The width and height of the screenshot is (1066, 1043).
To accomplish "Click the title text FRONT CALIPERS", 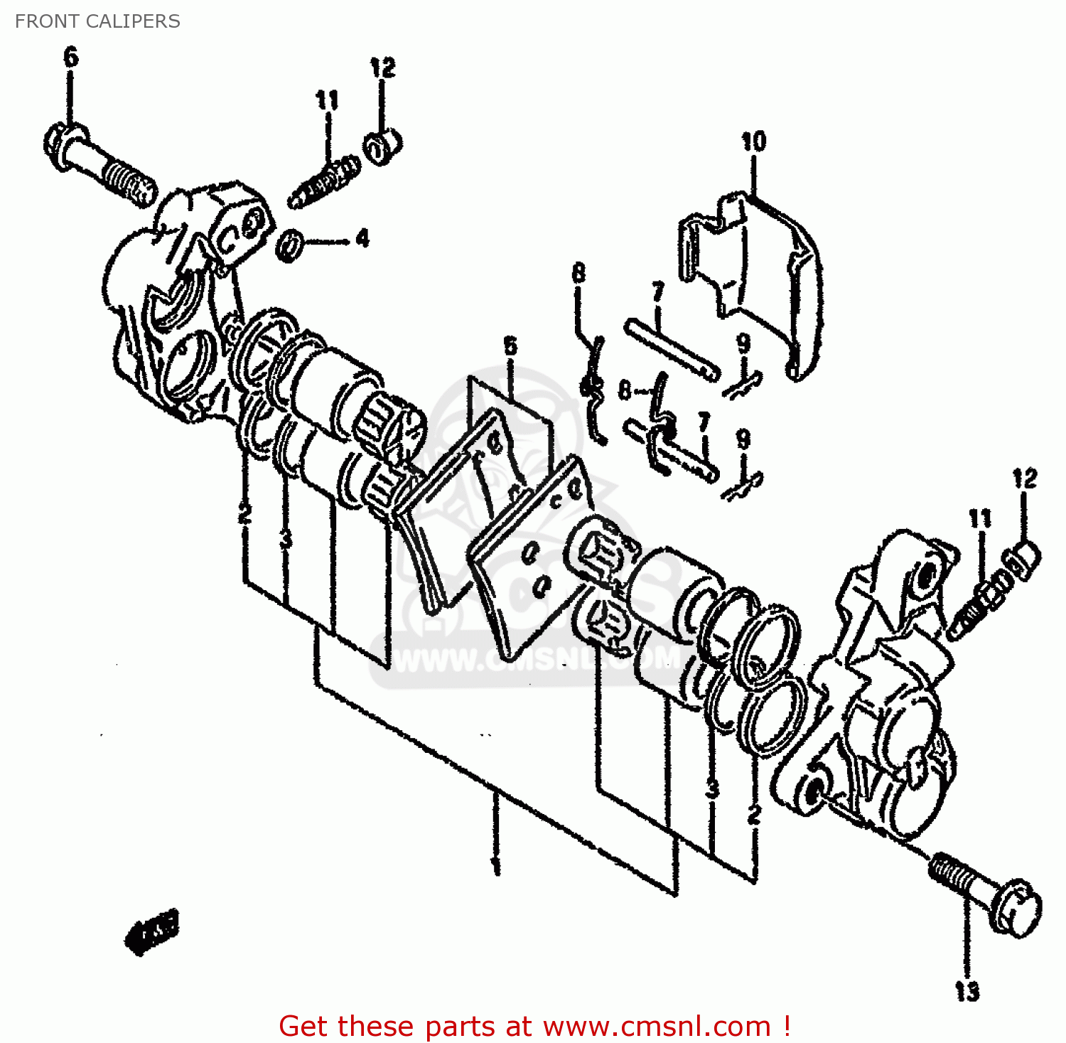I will [97, 21].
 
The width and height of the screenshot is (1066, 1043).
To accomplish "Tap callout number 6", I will [71, 57].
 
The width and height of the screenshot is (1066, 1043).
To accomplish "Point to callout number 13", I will [967, 990].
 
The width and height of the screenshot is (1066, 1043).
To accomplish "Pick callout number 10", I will [753, 141].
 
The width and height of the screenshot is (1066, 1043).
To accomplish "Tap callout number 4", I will [362, 238].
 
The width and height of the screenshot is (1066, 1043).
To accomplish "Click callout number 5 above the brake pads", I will [510, 347].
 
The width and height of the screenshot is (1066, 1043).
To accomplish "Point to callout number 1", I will [495, 865].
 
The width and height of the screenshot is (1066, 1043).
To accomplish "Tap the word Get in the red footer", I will [306, 1027].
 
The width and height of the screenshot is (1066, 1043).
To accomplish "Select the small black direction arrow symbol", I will [151, 930].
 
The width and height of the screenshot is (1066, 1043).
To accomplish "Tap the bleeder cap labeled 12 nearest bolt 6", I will [384, 146].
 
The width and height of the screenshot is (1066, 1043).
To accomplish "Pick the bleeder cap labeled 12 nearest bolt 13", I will [1023, 558].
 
